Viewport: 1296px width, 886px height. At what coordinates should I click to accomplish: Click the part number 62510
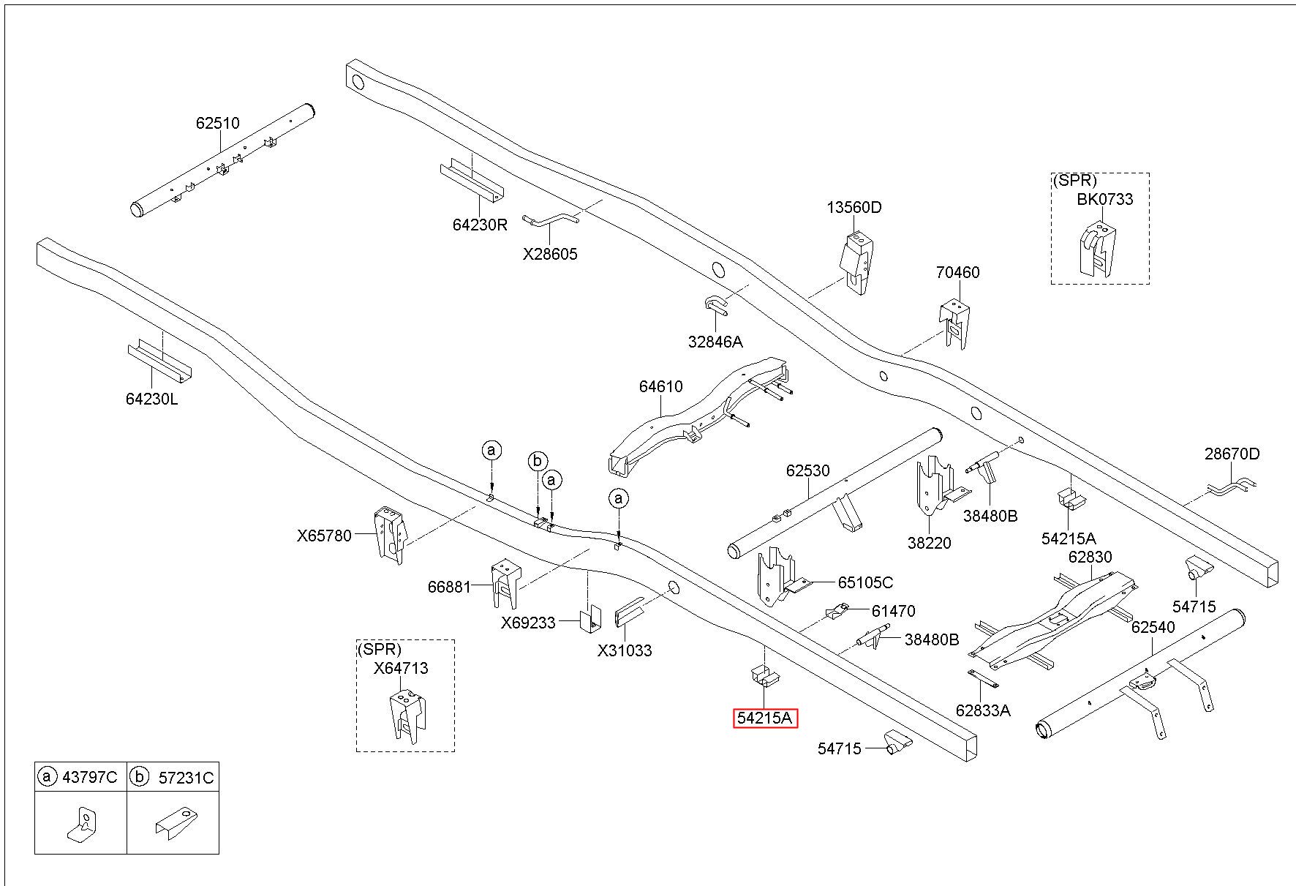click(217, 124)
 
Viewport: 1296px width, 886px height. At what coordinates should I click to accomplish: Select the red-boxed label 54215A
click(764, 718)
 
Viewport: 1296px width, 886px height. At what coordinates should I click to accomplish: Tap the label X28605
click(550, 255)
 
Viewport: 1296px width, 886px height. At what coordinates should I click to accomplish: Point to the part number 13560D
click(854, 208)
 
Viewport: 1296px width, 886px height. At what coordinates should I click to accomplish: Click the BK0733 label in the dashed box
click(1104, 199)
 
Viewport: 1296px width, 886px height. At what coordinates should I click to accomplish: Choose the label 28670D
click(1232, 454)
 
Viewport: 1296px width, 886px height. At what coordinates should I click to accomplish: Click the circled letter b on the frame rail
click(538, 461)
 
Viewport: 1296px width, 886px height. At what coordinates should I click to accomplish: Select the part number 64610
click(660, 386)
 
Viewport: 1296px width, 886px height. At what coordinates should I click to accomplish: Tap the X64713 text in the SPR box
click(401, 669)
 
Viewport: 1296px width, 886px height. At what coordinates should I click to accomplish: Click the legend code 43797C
click(89, 777)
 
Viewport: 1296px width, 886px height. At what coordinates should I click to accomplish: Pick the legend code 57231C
click(186, 778)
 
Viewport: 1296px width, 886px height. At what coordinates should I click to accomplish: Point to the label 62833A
click(983, 710)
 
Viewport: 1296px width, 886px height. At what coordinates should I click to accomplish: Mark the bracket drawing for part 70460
click(955, 323)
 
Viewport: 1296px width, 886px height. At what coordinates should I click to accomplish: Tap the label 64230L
click(151, 399)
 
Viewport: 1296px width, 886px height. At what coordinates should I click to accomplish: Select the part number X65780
click(324, 536)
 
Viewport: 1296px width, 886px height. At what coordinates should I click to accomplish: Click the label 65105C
click(865, 583)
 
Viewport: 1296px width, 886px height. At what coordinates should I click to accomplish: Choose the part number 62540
click(1153, 628)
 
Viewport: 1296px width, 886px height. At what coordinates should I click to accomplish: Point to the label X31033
click(625, 651)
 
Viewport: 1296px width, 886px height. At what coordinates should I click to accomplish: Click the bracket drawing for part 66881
click(506, 583)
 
